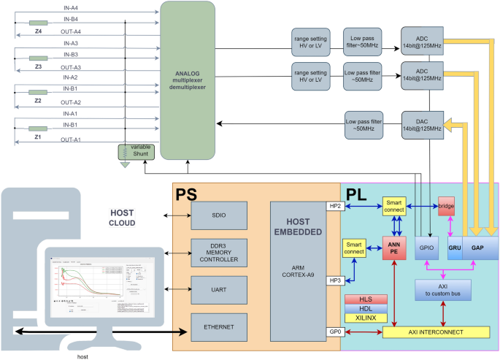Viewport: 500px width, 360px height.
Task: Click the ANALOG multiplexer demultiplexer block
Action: (188, 80)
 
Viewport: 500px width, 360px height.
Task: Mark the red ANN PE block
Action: (394, 248)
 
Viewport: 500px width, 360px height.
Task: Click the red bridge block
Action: (447, 207)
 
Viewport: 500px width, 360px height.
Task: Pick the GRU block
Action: (453, 248)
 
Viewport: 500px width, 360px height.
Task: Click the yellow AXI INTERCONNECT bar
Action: (436, 332)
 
